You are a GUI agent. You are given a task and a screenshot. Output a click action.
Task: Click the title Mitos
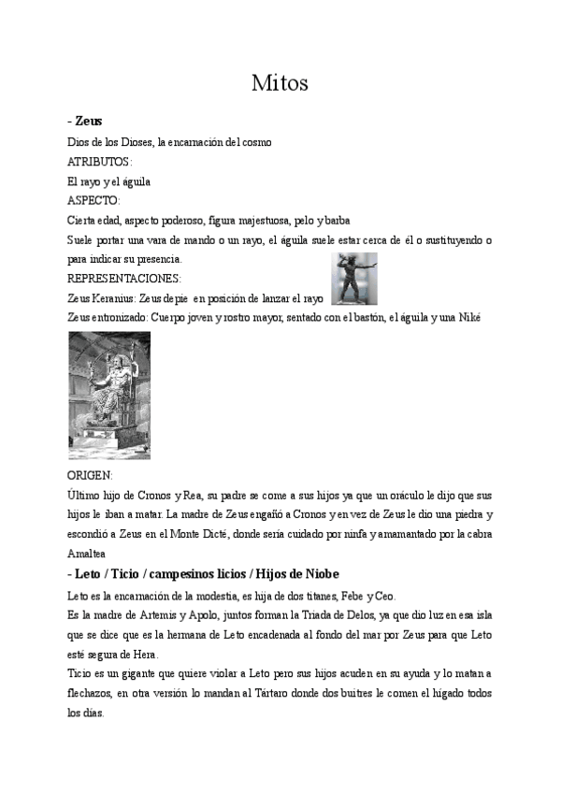click(280, 83)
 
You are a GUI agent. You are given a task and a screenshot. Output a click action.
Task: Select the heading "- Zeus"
click(85, 122)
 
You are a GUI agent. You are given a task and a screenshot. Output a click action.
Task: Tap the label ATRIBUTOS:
click(100, 161)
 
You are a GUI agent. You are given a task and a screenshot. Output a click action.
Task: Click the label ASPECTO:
click(94, 200)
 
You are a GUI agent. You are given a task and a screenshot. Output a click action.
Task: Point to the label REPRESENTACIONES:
click(124, 278)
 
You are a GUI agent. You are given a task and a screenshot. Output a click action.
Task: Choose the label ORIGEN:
click(91, 475)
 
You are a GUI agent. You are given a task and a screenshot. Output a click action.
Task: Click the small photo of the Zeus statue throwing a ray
click(354, 279)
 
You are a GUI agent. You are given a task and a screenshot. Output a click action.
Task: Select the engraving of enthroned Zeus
click(109, 395)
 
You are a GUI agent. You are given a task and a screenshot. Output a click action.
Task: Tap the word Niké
click(467, 318)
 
